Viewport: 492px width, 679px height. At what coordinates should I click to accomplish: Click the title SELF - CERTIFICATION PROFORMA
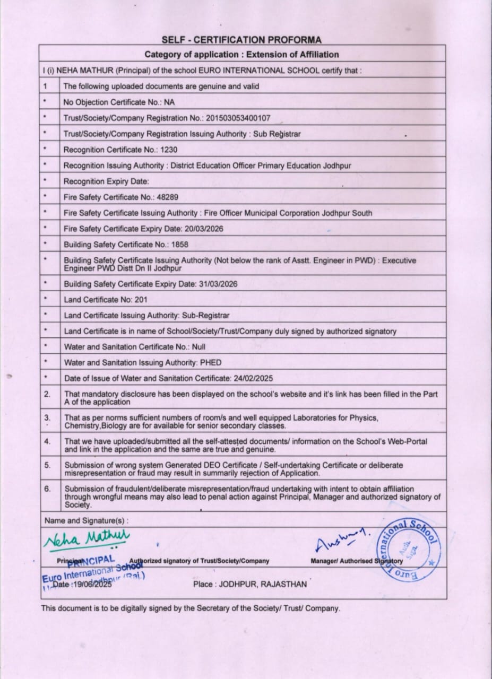click(241, 40)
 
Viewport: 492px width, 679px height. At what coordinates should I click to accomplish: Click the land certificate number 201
click(141, 300)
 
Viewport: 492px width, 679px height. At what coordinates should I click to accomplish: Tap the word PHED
click(212, 363)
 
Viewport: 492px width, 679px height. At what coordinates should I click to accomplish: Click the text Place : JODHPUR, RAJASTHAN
click(250, 585)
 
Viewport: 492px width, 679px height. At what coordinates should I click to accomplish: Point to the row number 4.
click(47, 441)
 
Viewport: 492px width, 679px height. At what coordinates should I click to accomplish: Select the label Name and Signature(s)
click(87, 520)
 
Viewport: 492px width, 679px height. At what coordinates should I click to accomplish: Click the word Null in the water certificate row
click(198, 347)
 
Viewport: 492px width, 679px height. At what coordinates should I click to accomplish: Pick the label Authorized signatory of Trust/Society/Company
click(199, 561)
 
